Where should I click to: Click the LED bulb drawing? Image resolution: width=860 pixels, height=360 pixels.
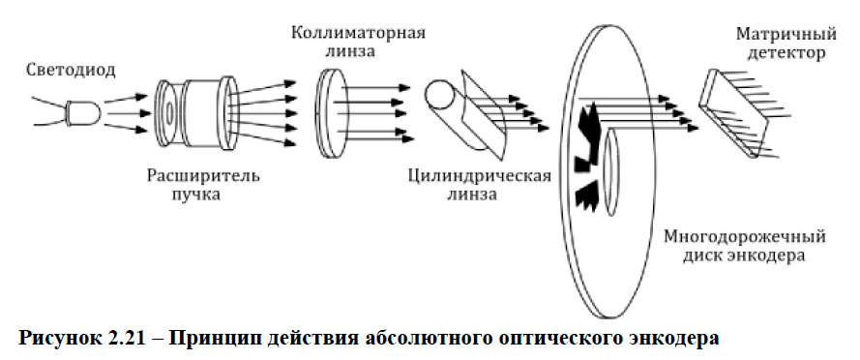coord(79,113)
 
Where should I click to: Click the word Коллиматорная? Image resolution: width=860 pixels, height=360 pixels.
coord(358,34)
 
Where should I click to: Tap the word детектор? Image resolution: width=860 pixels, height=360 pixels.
coord(780,52)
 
